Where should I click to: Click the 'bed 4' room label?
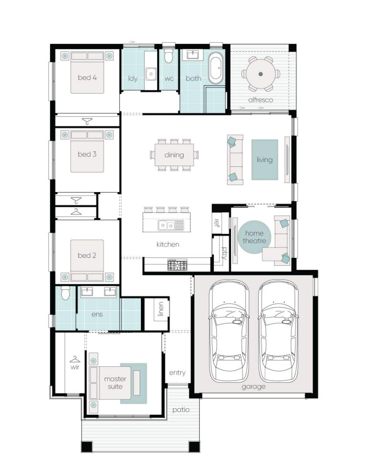87,78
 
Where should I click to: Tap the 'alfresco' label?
260,100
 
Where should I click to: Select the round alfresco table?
260,74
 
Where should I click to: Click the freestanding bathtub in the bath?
216,68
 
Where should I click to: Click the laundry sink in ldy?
151,74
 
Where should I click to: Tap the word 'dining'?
174,155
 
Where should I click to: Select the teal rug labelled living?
265,159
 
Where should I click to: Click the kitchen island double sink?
166,226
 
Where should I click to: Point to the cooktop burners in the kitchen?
178,265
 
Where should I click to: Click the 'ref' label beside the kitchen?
216,223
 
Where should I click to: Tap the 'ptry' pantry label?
225,253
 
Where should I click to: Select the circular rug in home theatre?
254,237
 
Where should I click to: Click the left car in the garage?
229,331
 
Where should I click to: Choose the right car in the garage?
278,331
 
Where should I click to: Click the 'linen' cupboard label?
161,309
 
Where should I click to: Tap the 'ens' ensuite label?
97,315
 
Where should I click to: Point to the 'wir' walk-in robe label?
75,367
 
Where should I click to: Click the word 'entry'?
177,373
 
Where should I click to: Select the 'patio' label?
181,410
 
